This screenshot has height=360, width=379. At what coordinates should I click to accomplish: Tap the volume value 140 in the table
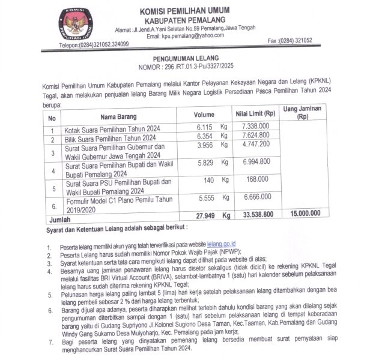209,179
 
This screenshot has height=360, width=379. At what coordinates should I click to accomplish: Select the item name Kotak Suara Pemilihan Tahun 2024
112,128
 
